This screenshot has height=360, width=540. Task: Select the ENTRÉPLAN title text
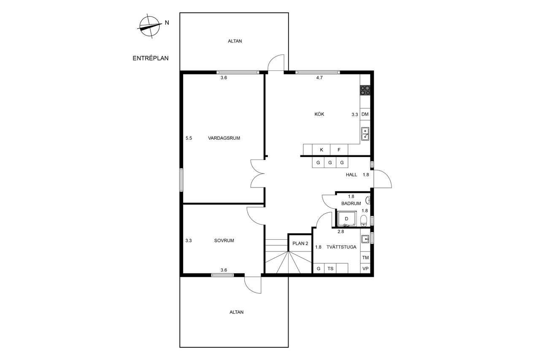point(151,58)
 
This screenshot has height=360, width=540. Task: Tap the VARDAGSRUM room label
point(224,138)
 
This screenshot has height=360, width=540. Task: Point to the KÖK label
point(319,114)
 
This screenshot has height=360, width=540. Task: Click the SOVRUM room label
point(224,241)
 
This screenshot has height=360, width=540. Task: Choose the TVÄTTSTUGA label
point(341,247)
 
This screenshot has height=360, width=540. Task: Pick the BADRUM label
point(351,203)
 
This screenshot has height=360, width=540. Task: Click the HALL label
point(351,175)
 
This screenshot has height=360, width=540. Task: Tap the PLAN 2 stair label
point(300,244)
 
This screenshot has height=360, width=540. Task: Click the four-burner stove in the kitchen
point(365,90)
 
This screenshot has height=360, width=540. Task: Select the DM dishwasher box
point(365,114)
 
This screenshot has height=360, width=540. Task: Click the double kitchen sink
point(365,134)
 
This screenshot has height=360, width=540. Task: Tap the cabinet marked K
point(321,150)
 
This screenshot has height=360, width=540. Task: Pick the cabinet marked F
point(339,150)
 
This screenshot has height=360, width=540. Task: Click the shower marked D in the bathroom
point(347,219)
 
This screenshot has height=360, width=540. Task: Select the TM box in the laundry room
point(365,257)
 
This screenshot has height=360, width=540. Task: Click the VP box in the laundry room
point(365,268)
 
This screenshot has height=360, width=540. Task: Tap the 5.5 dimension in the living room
point(189,138)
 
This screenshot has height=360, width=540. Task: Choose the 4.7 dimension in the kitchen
point(319,78)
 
